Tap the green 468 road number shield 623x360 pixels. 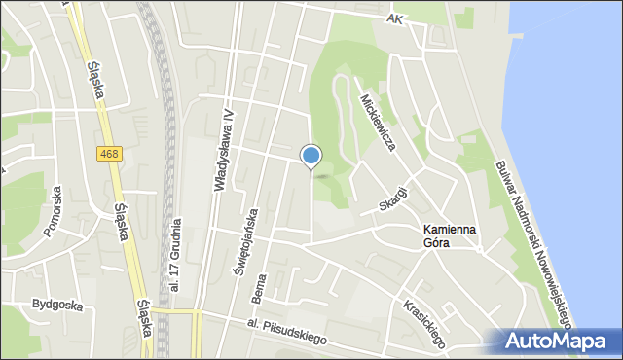pos(109,154)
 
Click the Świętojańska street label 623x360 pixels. pos(252,242)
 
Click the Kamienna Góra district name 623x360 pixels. pos(450,235)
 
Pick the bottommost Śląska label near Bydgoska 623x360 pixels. pos(144,317)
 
